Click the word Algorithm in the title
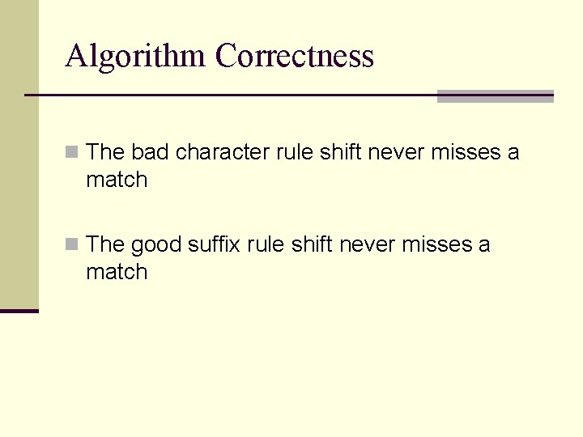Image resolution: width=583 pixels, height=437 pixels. [136, 57]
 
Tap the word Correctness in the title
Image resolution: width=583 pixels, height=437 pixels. [295, 57]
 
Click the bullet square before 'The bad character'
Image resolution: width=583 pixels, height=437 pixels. [73, 152]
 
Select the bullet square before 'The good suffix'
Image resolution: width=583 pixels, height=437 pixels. [73, 244]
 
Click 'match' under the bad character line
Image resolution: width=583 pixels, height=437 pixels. [117, 180]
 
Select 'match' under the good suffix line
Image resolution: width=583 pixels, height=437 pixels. [117, 272]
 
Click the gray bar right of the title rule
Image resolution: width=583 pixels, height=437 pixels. [495, 96]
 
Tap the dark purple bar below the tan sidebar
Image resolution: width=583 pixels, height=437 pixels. [19, 311]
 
